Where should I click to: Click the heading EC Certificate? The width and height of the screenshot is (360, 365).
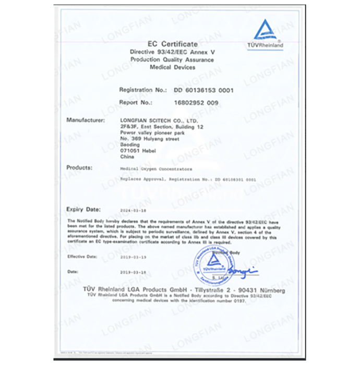172,45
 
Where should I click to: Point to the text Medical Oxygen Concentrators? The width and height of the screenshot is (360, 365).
155,169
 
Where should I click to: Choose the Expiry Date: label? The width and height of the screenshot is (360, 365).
83,209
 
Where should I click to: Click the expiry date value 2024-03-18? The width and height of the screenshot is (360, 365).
133,210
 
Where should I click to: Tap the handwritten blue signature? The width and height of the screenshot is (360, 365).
242,271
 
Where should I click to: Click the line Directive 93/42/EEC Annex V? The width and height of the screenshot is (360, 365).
172,53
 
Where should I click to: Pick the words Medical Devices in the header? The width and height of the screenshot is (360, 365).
172,68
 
